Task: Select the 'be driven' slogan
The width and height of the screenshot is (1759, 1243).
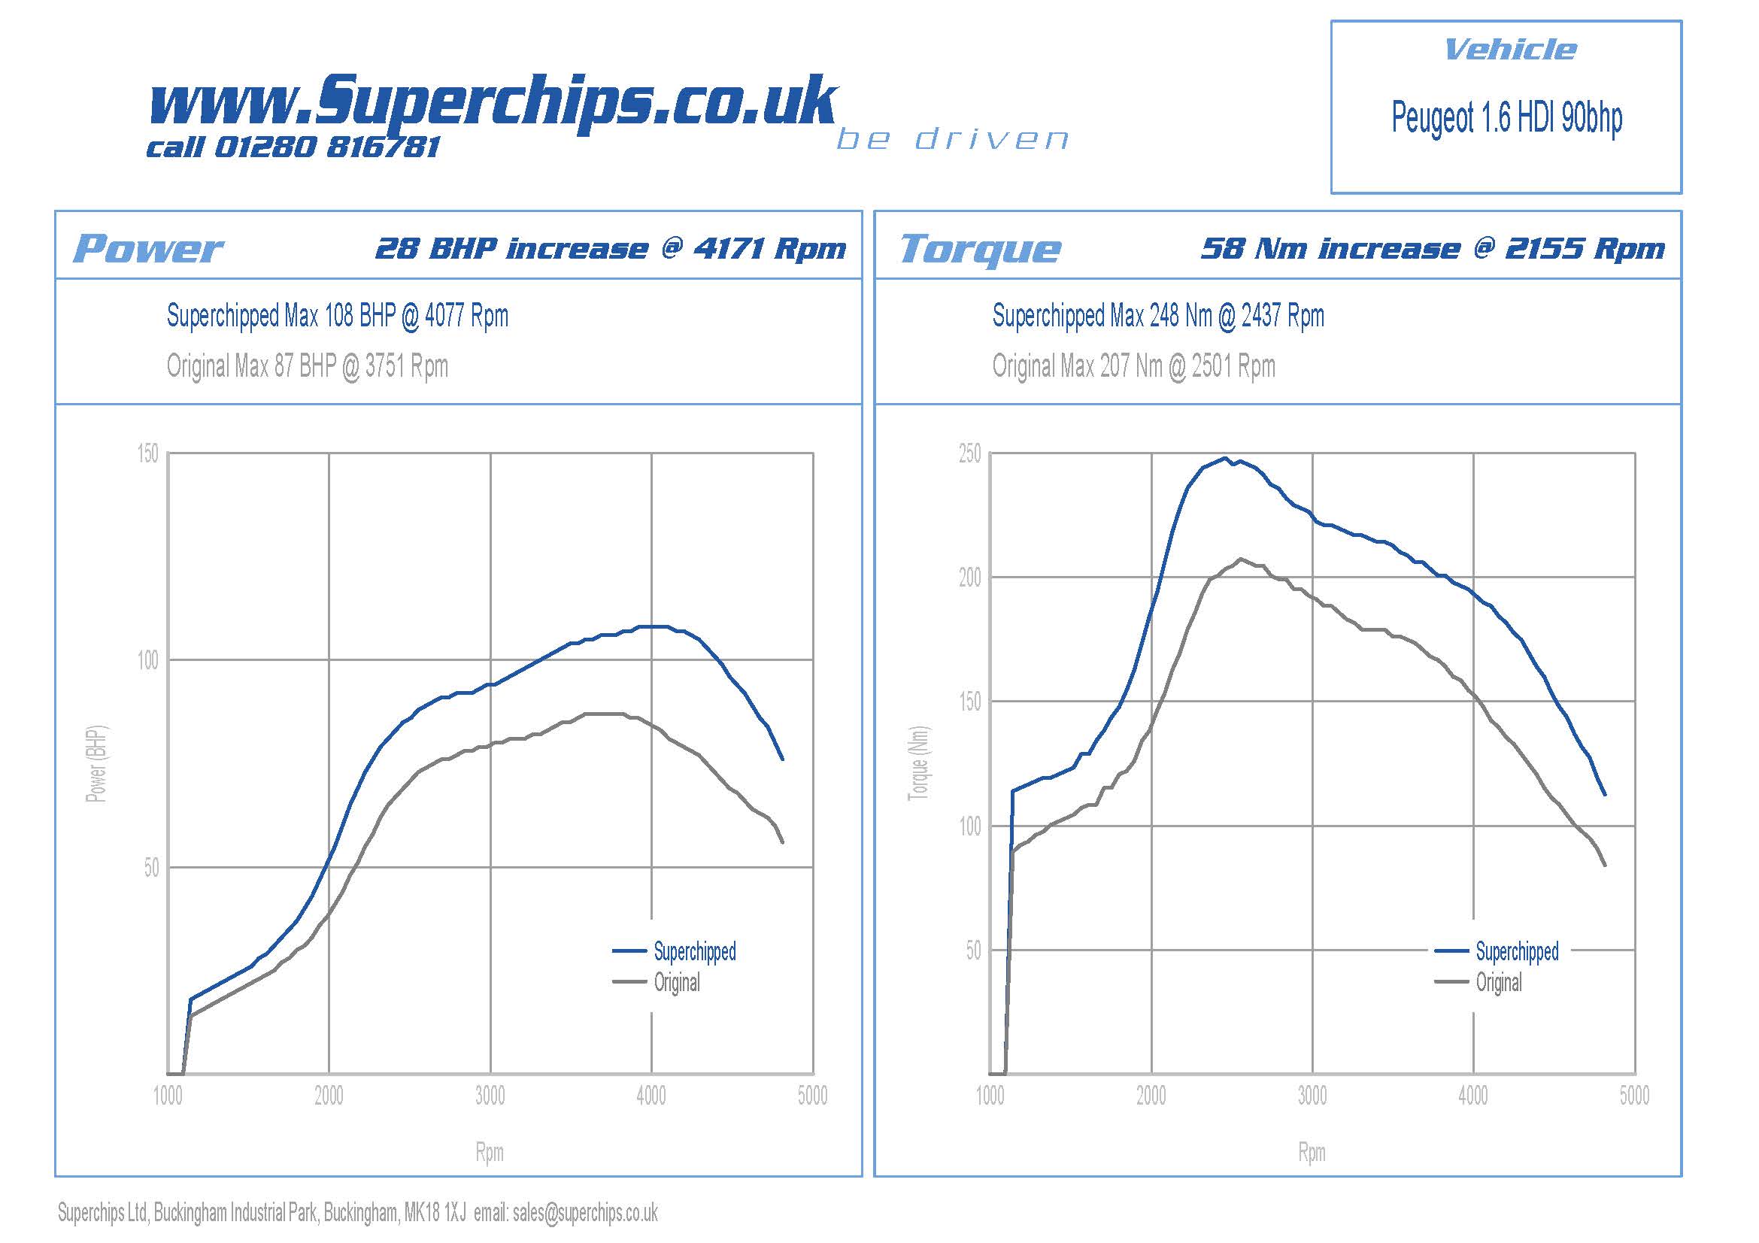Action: pos(952,139)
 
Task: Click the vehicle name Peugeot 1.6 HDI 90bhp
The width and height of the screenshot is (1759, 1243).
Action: pos(1506,118)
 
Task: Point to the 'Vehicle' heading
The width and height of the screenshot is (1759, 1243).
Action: pos(1510,50)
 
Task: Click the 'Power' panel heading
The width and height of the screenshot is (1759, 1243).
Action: pos(148,249)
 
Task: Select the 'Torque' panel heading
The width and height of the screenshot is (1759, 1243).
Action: pos(981,249)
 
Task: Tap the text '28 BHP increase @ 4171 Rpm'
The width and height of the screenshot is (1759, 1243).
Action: pos(611,249)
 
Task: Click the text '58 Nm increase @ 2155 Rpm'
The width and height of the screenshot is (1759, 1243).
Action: pos(1433,249)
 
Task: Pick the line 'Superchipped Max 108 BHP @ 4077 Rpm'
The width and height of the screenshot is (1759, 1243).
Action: pos(337,316)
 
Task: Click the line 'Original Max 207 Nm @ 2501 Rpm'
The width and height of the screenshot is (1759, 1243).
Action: pos(1134,366)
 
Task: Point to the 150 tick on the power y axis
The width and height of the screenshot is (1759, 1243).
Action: pos(148,453)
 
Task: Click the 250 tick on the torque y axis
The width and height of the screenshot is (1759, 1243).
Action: pos(969,453)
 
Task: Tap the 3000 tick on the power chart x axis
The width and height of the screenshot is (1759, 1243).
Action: pos(490,1096)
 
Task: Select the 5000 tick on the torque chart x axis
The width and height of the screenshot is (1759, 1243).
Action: pos(1634,1096)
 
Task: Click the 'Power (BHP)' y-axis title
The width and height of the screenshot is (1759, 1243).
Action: pos(96,763)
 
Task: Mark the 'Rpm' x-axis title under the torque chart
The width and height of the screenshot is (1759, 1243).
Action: pos(1312,1152)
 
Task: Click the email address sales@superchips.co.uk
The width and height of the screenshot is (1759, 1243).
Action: pos(585,1212)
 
